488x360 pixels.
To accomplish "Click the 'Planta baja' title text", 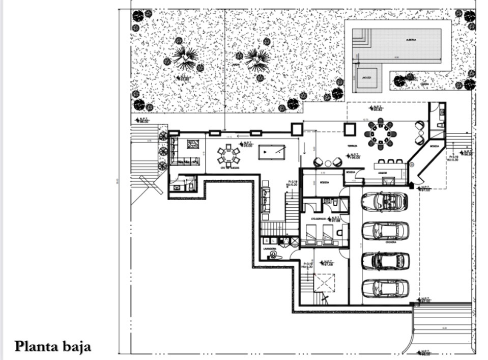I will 53,346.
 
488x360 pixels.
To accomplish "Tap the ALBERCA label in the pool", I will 411,39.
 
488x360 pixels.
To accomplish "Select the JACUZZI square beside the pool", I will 366,77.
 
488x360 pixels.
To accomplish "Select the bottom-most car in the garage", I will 385,288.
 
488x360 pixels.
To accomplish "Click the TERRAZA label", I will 352,146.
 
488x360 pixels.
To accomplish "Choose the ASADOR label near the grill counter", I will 383,173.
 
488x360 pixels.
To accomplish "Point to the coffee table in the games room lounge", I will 193,144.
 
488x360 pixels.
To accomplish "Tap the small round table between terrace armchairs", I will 328,163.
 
